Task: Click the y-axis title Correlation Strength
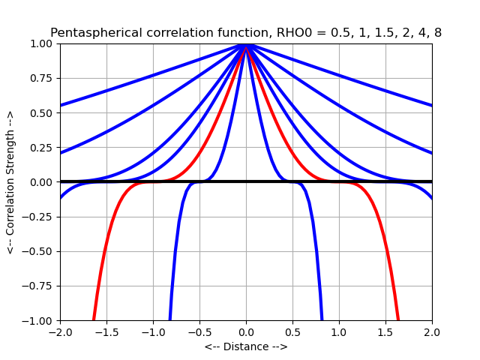pos(10,182)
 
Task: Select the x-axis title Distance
pos(246,347)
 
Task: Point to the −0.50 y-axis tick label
pos(40,251)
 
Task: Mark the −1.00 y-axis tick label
pos(40,321)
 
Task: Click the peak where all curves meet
pos(246,44)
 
